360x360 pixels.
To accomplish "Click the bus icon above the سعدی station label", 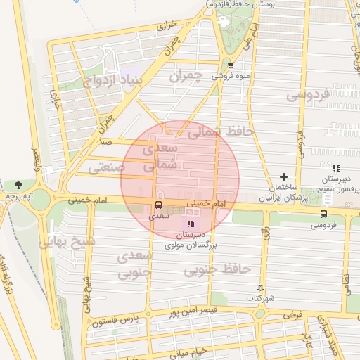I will (158, 205).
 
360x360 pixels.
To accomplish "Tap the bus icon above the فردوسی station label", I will (323, 214).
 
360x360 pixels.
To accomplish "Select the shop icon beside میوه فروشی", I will (230, 65).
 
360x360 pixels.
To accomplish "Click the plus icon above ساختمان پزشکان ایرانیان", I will (284, 176).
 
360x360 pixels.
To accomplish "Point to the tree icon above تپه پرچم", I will (18, 185).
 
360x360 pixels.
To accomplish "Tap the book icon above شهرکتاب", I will (260, 288).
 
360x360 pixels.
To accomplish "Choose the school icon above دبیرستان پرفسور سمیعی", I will (336, 169).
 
